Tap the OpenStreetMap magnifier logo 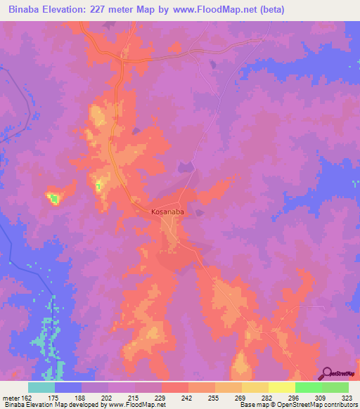(x=328, y=374)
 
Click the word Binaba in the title (x=22, y=9)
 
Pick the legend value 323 (x=347, y=397)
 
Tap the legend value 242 (x=188, y=397)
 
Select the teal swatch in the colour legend (x=41, y=387)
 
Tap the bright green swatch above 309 (x=309, y=387)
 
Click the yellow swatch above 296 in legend (x=282, y=387)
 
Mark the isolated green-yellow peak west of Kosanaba (x=54, y=199)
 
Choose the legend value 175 (x=54, y=397)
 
